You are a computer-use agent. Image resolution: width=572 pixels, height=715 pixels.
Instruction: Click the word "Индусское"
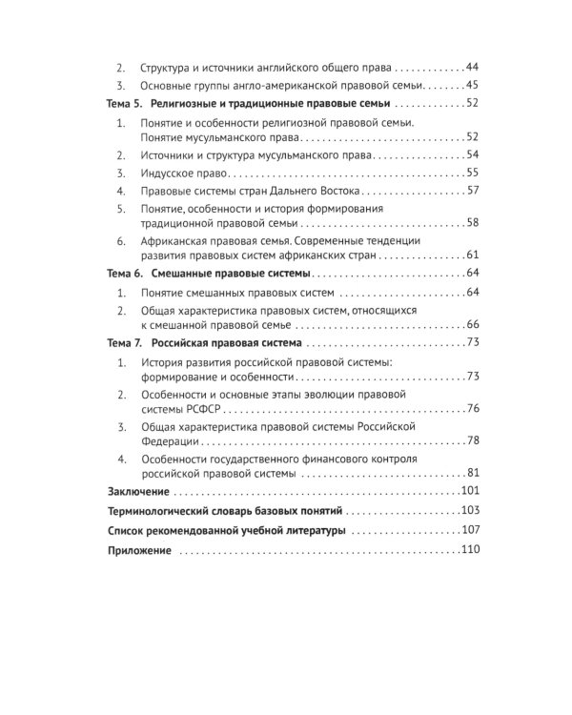click(167, 173)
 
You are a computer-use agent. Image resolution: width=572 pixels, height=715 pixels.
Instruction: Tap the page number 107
click(468, 530)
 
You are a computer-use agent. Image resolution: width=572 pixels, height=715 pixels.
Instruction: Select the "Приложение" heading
click(138, 550)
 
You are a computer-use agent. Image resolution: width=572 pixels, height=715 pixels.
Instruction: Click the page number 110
click(468, 550)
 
